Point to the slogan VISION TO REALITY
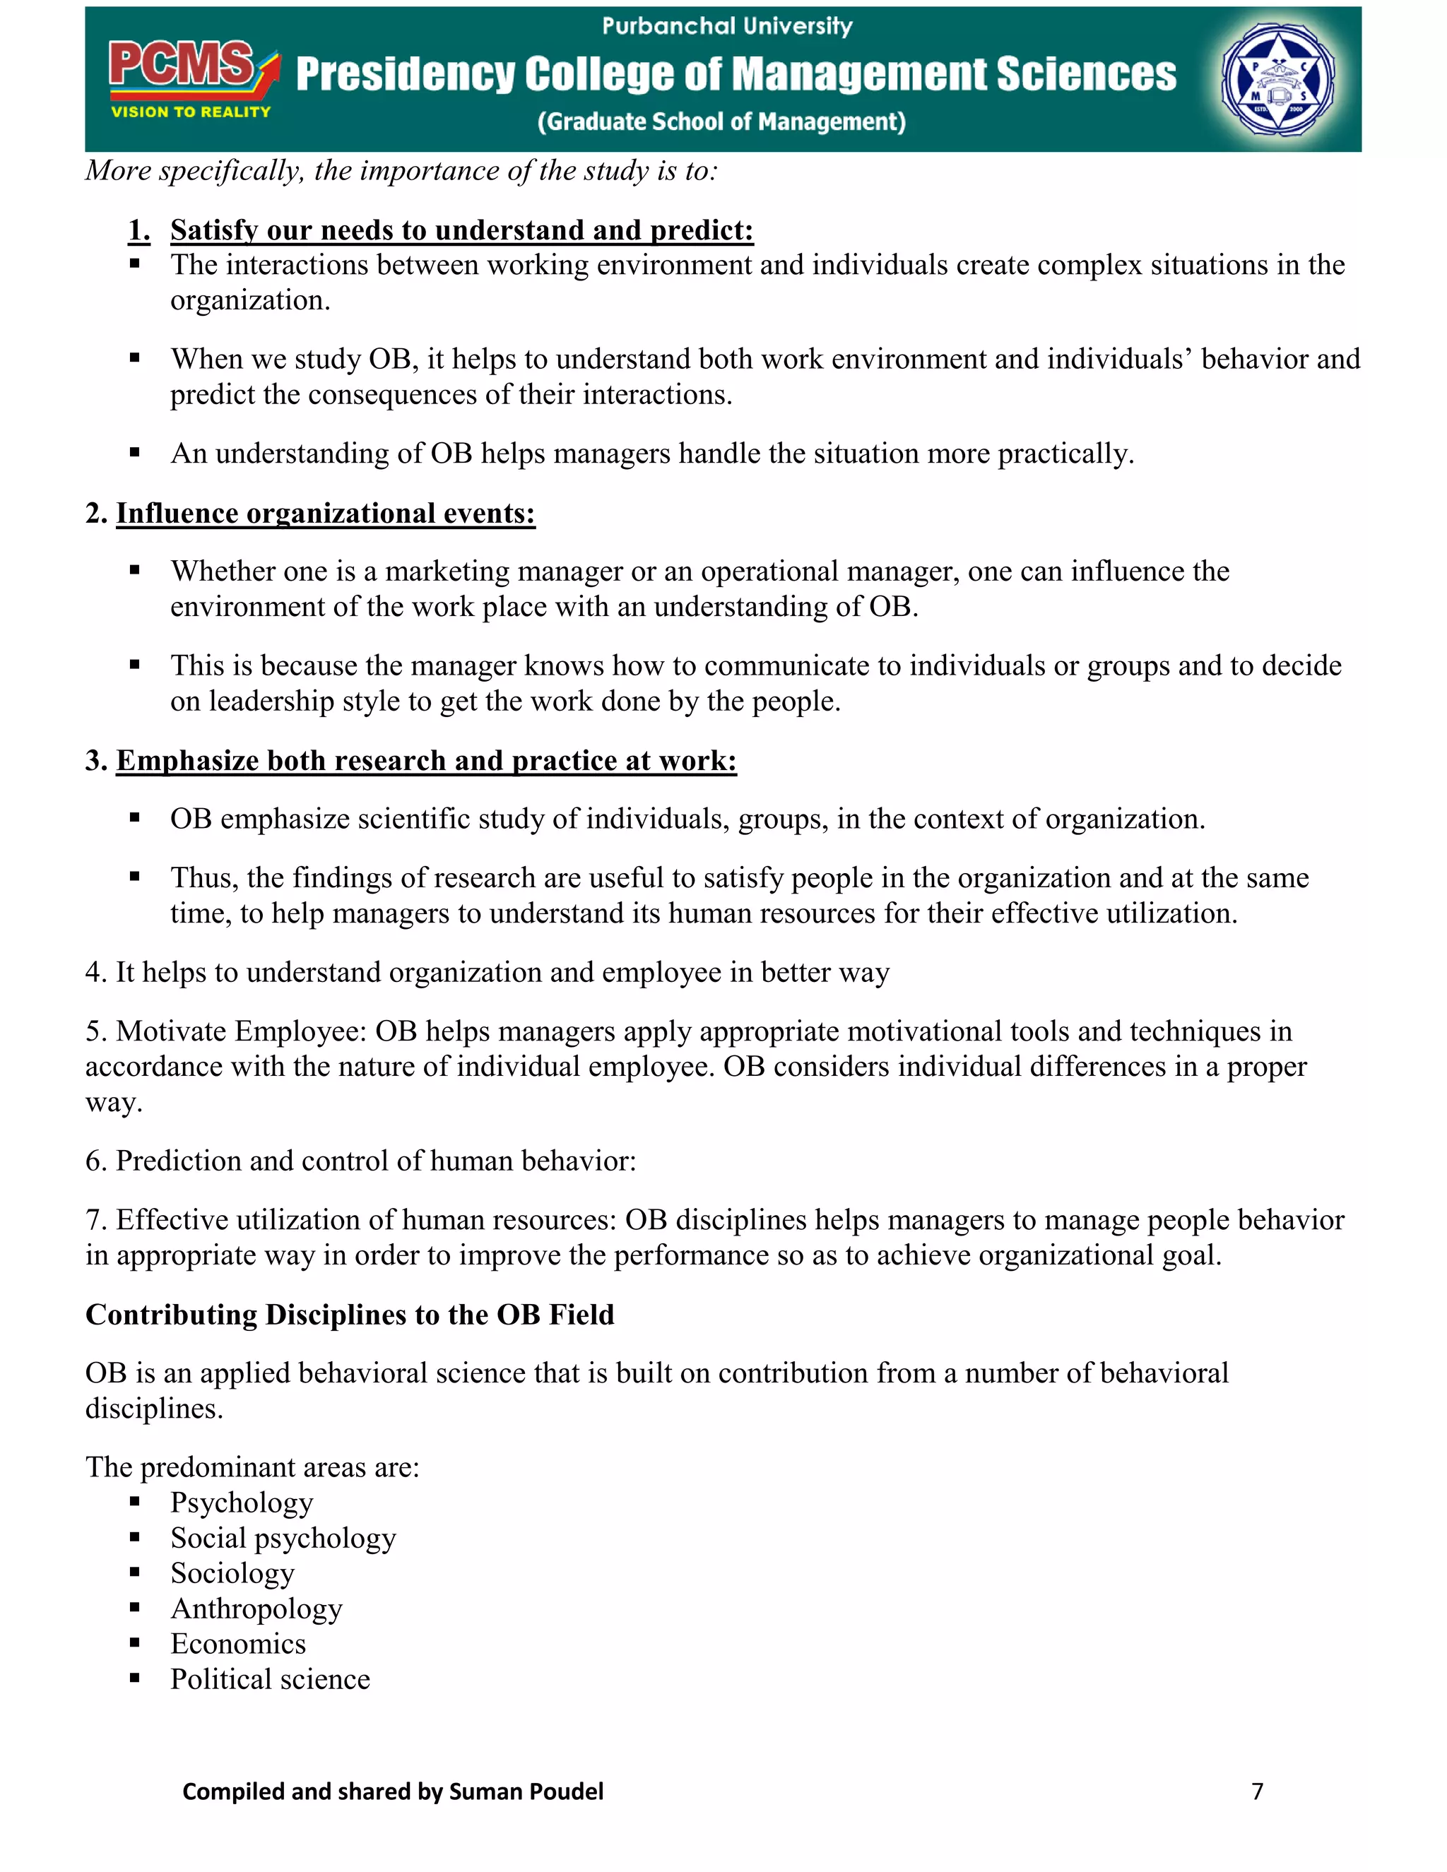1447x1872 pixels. [190, 112]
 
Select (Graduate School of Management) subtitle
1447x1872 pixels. [721, 122]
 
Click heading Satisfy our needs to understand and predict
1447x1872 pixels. [461, 230]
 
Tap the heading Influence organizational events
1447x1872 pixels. [326, 513]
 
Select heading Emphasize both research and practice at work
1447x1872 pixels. [426, 760]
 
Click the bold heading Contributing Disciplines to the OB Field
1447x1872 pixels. [350, 1314]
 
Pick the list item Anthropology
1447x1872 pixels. [256, 1608]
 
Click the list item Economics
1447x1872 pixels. [238, 1643]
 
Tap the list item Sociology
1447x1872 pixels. [232, 1573]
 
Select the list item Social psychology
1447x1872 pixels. [283, 1538]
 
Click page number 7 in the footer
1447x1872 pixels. [1257, 1791]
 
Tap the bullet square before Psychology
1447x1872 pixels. [134, 1502]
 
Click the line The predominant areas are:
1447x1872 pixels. [252, 1467]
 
